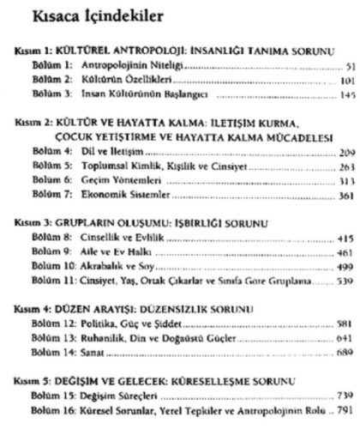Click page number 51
(x=347, y=65)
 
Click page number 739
(x=344, y=406)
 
